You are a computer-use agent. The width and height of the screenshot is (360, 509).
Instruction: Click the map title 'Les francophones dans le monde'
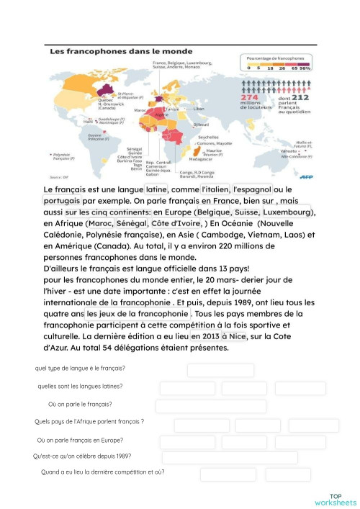110,52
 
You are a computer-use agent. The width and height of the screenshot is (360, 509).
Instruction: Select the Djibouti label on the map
191,125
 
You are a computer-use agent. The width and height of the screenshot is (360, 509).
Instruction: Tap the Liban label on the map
199,108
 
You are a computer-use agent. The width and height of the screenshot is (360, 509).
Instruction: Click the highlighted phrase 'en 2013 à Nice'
217,336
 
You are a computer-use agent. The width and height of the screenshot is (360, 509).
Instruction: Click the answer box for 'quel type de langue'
220,370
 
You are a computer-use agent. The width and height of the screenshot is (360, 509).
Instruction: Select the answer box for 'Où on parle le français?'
201,406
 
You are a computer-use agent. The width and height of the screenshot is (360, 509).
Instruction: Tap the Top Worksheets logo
335,499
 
